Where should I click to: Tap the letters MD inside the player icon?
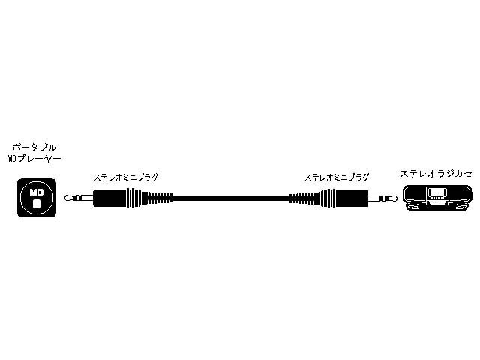pyautogui.click(x=35, y=193)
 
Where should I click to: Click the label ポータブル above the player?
pyautogui.click(x=36, y=148)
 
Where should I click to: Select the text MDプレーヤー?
pyautogui.click(x=36, y=159)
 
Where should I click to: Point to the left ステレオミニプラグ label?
pyautogui.click(x=126, y=178)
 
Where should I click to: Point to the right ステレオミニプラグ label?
pyautogui.click(x=337, y=178)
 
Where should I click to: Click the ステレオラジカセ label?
pyautogui.click(x=436, y=173)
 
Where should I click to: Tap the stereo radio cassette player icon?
pyautogui.click(x=437, y=197)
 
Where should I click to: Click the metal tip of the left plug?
pyautogui.click(x=69, y=199)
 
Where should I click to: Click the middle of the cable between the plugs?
pyautogui.click(x=231, y=199)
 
